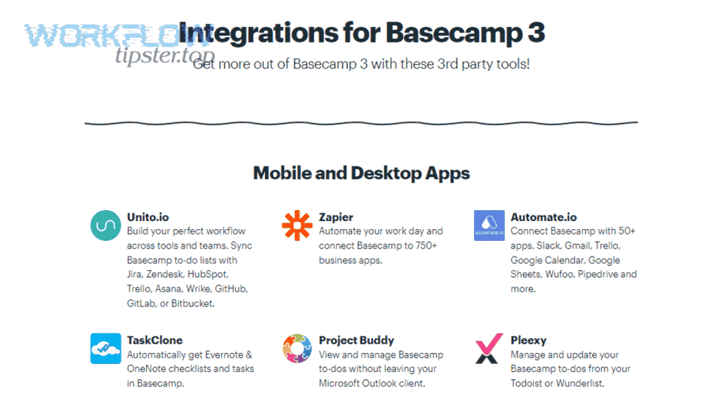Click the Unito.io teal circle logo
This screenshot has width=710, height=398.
click(106, 226)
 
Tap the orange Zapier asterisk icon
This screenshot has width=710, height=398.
click(297, 226)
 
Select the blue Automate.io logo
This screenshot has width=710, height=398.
click(489, 226)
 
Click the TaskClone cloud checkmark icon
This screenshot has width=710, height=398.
click(106, 348)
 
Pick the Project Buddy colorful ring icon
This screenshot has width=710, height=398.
click(297, 348)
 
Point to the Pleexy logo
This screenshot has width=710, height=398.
click(489, 348)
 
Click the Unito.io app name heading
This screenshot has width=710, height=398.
click(148, 217)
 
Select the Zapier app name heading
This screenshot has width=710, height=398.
click(336, 217)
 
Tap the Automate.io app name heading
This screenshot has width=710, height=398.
click(544, 217)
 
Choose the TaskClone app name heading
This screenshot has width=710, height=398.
click(155, 340)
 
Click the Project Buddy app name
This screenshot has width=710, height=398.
click(357, 340)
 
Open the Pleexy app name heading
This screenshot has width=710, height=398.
click(529, 340)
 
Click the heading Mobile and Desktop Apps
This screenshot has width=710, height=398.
click(361, 173)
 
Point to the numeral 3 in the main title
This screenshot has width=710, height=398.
click(535, 33)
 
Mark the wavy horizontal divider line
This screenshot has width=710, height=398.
click(361, 122)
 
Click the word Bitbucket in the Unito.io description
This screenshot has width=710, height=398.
click(191, 302)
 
